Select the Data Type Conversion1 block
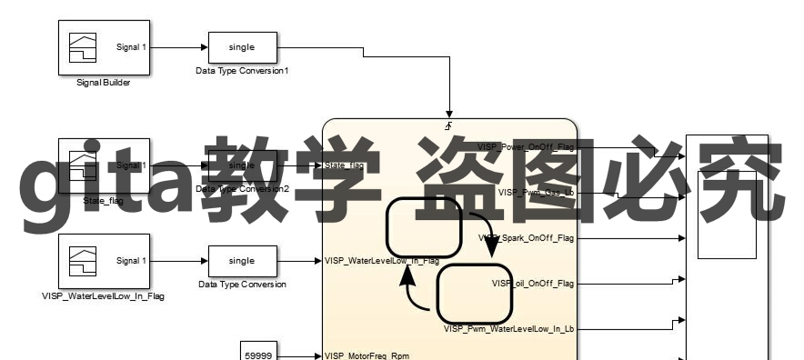242,46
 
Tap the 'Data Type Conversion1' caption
242,70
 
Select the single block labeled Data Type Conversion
242,261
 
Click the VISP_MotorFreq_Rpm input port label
367,355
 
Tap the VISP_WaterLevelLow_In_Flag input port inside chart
381,261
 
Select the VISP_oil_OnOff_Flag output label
533,283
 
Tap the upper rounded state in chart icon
424,226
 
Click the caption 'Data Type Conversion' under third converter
242,285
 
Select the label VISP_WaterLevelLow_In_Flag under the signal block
103,296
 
